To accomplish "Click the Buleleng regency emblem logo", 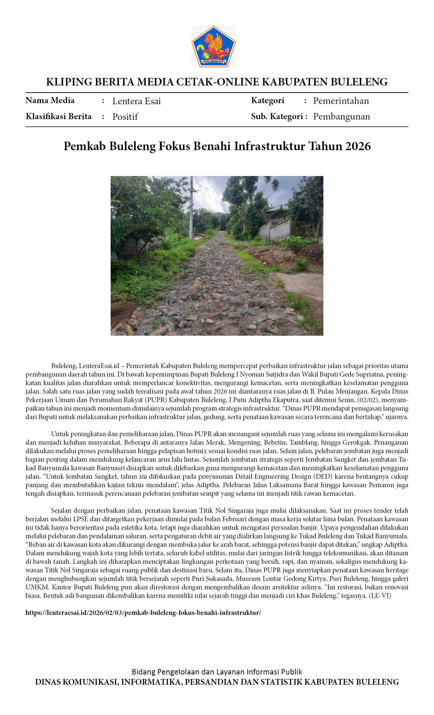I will pos(213,47).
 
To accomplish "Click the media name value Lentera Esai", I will pos(136,101).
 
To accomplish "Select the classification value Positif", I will pos(125,117).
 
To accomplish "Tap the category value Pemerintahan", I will pos(341,101).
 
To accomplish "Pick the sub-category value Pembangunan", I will pos(341,116).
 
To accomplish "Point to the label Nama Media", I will pos(50,100).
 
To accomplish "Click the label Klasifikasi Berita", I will pos(59,116).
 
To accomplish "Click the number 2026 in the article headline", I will pos(358,146).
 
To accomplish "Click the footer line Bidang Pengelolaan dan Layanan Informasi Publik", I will pos(217,672).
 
